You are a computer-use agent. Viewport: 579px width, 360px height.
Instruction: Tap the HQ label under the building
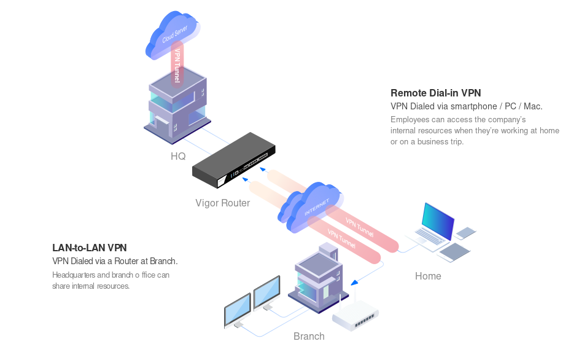point(178,156)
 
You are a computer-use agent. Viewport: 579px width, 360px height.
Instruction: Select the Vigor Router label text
point(222,203)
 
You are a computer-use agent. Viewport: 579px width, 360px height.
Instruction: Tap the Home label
point(428,276)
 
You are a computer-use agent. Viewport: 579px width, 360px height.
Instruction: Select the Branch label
point(309,336)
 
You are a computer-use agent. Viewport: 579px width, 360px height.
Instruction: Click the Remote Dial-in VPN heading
point(436,93)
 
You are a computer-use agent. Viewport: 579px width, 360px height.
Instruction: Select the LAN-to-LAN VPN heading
point(90,248)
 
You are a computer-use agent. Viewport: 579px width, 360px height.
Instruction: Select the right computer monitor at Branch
point(266,294)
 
